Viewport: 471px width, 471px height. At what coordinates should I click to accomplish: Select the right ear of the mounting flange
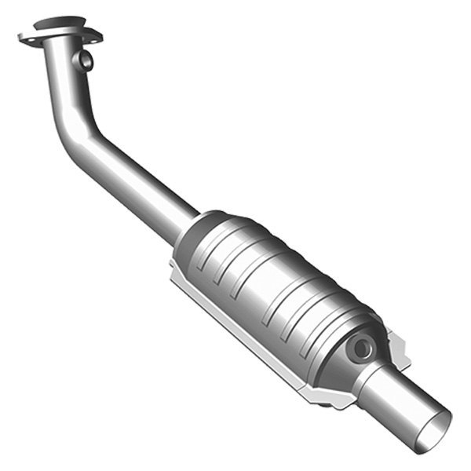pos(96,36)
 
